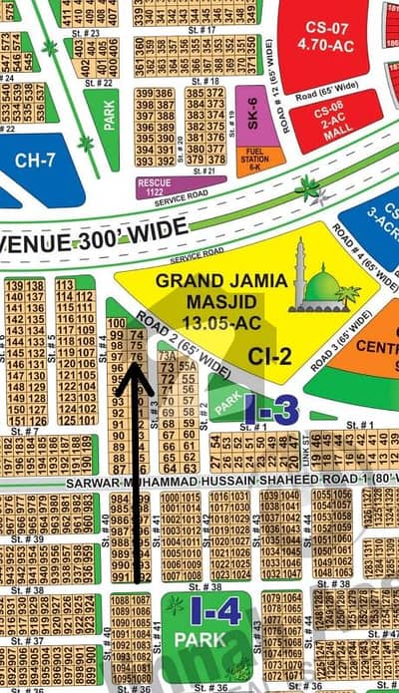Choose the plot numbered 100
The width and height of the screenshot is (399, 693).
pos(117,323)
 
